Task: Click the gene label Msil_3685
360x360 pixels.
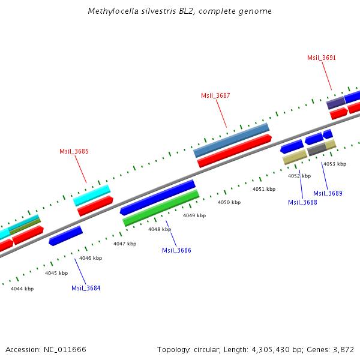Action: pyautogui.click(x=74, y=151)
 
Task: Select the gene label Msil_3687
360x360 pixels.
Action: pyautogui.click(x=215, y=95)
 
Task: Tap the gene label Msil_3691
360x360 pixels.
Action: pyautogui.click(x=322, y=58)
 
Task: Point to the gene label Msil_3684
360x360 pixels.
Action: pyautogui.click(x=86, y=288)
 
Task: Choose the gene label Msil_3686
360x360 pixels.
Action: pyautogui.click(x=176, y=250)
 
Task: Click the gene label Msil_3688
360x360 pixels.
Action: pyautogui.click(x=302, y=202)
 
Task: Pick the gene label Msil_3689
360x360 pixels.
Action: pyautogui.click(x=328, y=193)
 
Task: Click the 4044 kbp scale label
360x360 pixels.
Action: pyautogui.click(x=22, y=289)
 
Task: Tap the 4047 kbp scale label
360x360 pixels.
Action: pyautogui.click(x=125, y=244)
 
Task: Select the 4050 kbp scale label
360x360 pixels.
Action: pyautogui.click(x=229, y=203)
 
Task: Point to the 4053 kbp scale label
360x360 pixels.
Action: pyautogui.click(x=334, y=164)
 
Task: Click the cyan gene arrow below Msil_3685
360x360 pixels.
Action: pyautogui.click(x=92, y=195)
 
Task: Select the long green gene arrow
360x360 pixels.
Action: pyautogui.click(x=161, y=208)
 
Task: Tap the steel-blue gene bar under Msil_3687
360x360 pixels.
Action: pyautogui.click(x=232, y=140)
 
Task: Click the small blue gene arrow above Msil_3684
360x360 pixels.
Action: pyautogui.click(x=66, y=235)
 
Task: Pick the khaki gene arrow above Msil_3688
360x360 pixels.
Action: pyautogui.click(x=295, y=157)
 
